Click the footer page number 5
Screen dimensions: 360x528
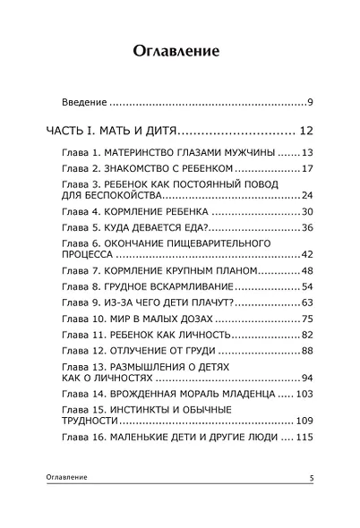[310, 480]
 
